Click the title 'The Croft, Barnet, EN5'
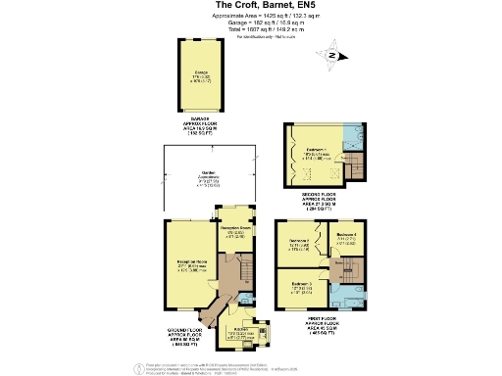(250, 5)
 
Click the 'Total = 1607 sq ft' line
(250, 30)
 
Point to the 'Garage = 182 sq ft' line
(250, 23)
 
